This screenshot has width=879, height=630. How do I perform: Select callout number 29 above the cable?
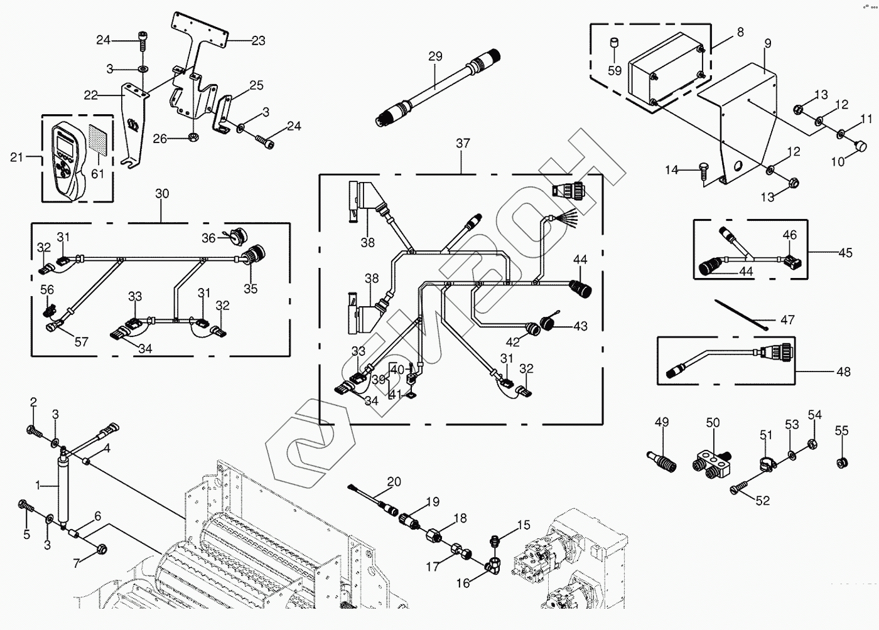click(436, 56)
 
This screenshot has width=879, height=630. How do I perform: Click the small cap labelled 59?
click(615, 45)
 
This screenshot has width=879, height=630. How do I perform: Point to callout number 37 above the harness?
click(463, 144)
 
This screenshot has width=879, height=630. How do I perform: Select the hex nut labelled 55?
click(841, 463)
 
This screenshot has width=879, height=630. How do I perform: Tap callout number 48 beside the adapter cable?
click(844, 371)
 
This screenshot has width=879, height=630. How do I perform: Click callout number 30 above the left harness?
click(162, 194)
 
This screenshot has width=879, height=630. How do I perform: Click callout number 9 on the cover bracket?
click(767, 44)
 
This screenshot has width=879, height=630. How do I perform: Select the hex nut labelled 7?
click(101, 550)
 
